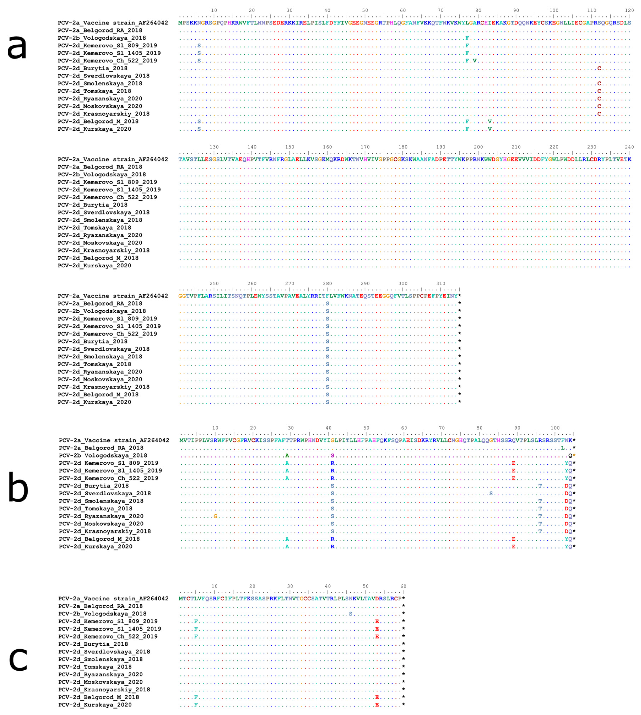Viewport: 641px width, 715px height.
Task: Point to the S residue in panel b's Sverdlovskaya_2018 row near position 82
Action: click(x=491, y=493)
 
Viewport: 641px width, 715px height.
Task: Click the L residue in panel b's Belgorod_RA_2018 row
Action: click(x=562, y=448)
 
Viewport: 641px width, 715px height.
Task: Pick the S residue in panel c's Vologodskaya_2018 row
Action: click(x=350, y=614)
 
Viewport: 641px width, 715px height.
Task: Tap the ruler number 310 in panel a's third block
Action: click(x=441, y=283)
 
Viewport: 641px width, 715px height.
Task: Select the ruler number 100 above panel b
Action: click(x=555, y=428)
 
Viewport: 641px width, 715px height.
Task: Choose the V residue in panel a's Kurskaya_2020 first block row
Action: click(x=489, y=129)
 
